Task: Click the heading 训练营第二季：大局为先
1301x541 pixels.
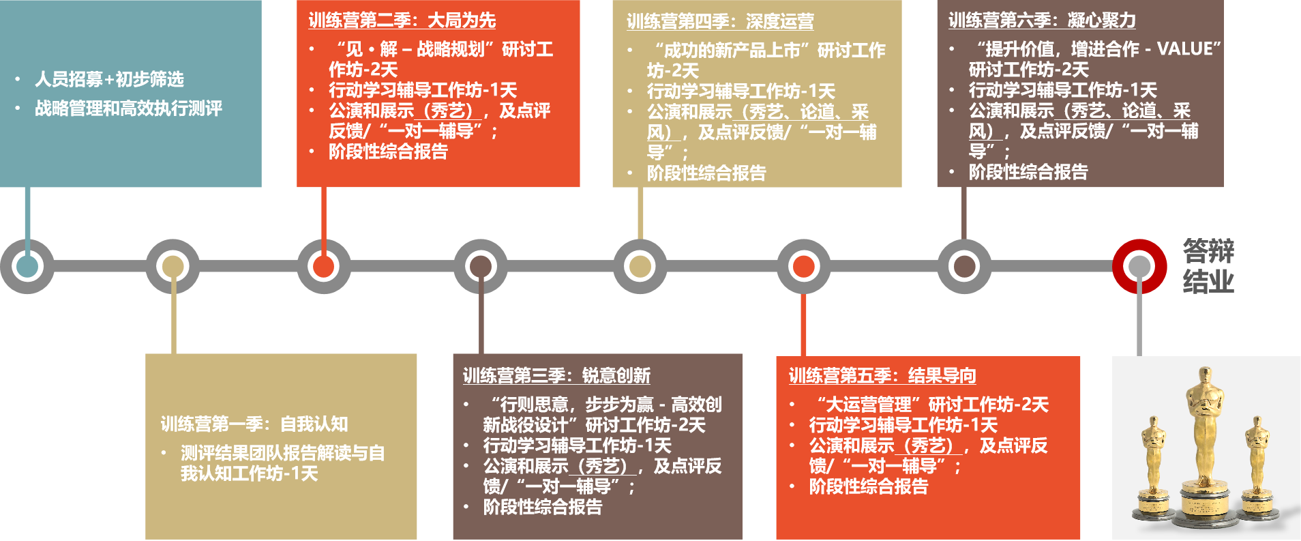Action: (x=402, y=20)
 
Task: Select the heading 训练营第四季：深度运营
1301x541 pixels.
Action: (x=720, y=22)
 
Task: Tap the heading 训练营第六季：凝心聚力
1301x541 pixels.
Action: (x=1042, y=20)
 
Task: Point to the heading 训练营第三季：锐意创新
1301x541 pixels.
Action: (x=556, y=376)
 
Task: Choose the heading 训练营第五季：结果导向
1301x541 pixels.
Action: (x=882, y=376)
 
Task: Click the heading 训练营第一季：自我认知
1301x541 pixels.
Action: (x=254, y=424)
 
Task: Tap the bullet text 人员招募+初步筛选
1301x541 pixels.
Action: (x=109, y=80)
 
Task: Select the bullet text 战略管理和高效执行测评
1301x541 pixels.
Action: (x=128, y=108)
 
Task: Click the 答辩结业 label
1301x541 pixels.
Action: (x=1208, y=266)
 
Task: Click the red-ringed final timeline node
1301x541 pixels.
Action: (x=1139, y=266)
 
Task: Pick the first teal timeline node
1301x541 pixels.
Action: (x=27, y=266)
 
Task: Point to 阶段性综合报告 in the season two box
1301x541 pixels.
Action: (x=388, y=151)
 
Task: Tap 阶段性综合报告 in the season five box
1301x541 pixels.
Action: (x=868, y=486)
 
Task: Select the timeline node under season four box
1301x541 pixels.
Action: (x=640, y=266)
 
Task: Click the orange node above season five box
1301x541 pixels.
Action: (x=803, y=266)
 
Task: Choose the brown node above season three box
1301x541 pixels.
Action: (x=481, y=266)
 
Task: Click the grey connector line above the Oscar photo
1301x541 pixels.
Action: (x=1139, y=321)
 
